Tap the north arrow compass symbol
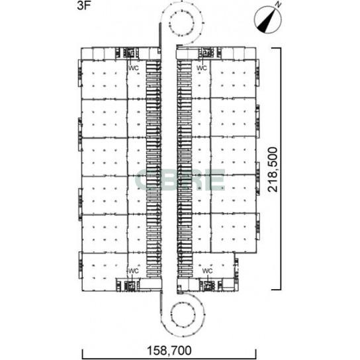click(x=268, y=19)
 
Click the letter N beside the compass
click(x=278, y=5)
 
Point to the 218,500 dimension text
click(x=273, y=169)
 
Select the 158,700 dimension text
click(x=169, y=351)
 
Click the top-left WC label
click(x=134, y=68)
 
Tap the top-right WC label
click(x=202, y=68)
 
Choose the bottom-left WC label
click(x=134, y=271)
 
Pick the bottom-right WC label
click(x=207, y=271)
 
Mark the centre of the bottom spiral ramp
click(x=183, y=314)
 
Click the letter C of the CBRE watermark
click(x=145, y=180)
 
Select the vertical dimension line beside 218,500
click(x=281, y=169)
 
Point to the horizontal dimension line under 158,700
click(x=169, y=358)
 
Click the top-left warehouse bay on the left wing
click(x=105, y=79)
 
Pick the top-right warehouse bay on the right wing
click(x=233, y=79)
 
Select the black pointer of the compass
click(x=266, y=22)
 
